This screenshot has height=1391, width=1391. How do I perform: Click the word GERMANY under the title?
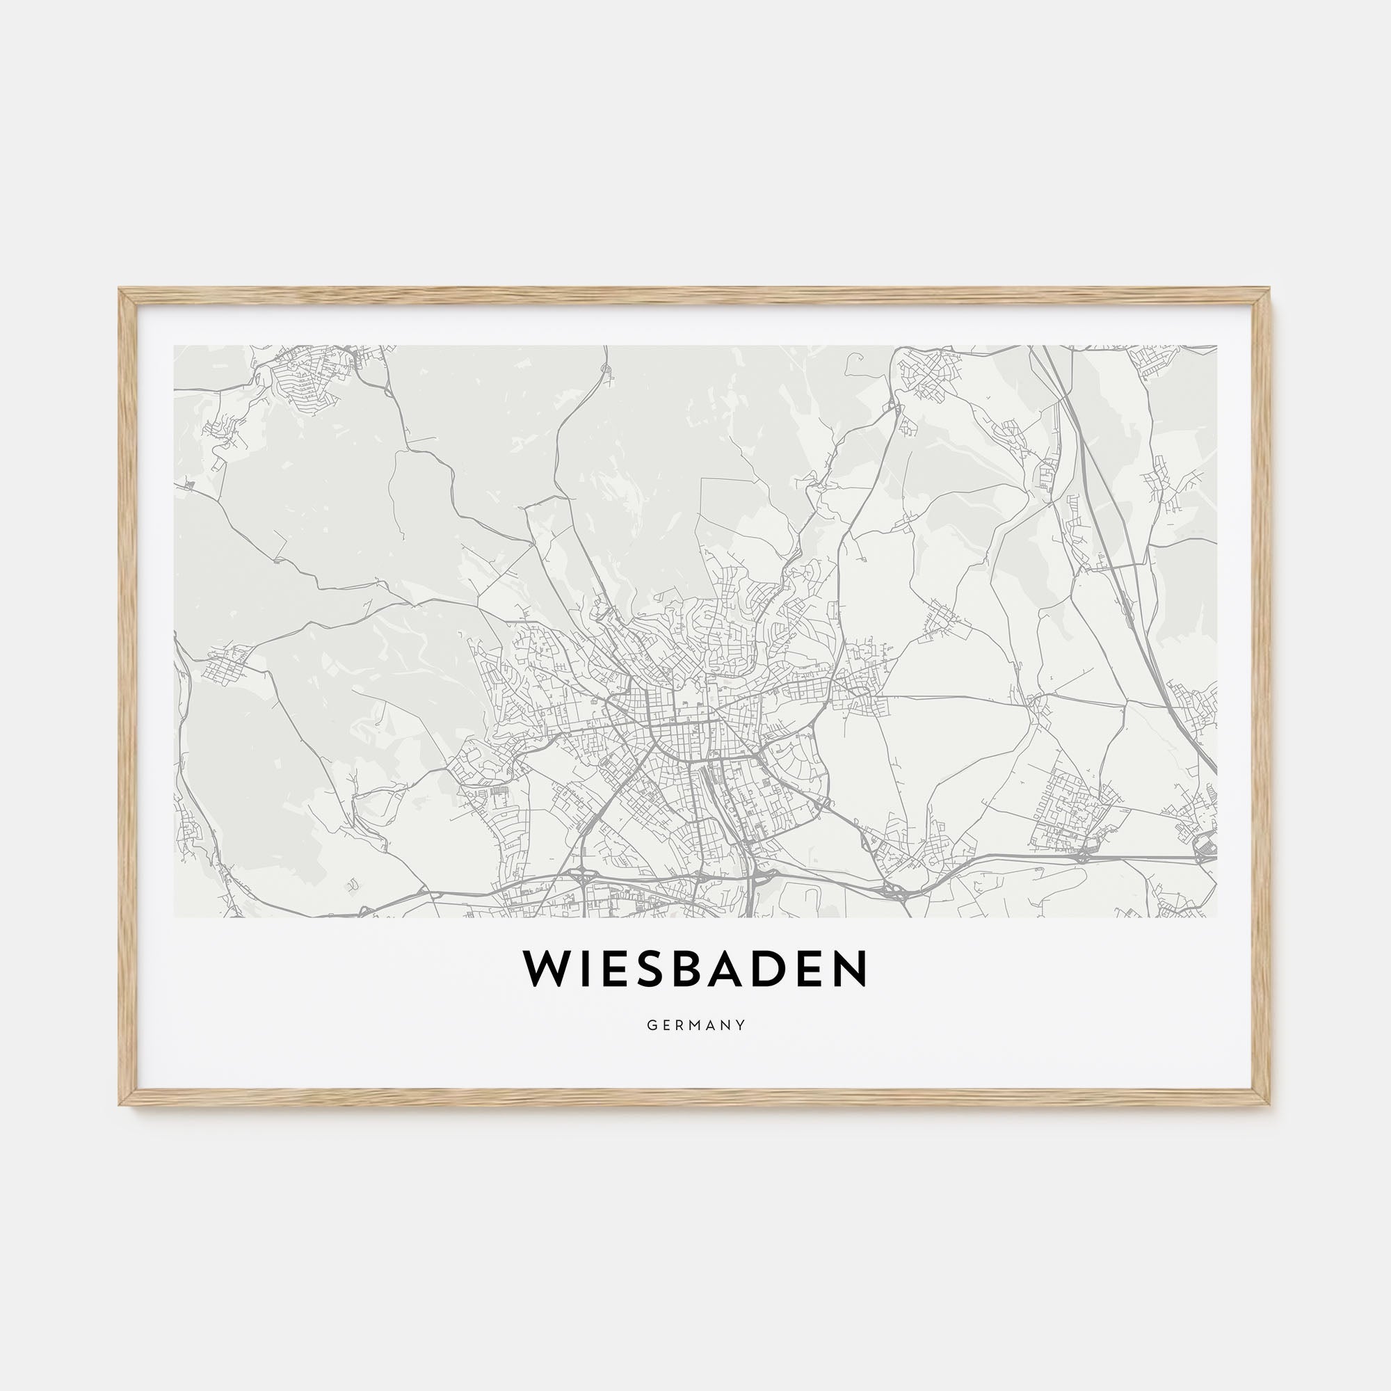tap(695, 1025)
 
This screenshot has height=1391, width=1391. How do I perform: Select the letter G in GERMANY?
tap(650, 1025)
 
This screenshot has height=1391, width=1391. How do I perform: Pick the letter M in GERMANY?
tap(696, 1025)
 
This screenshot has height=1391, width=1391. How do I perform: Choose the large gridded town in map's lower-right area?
tap(1066, 810)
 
